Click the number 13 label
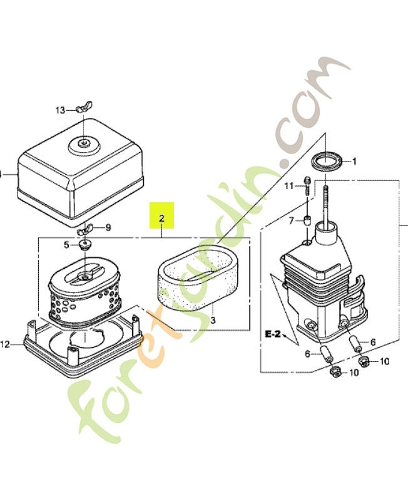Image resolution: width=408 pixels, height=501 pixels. point(59,110)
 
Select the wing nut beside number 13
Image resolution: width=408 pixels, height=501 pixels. point(81,110)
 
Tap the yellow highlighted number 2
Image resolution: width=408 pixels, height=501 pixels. point(161,219)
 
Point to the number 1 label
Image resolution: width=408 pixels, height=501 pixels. point(354,162)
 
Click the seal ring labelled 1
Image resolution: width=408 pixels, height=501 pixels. point(327,160)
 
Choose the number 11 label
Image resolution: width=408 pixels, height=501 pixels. point(288,186)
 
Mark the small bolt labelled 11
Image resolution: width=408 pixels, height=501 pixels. point(307,186)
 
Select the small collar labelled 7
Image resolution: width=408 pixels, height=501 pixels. point(307,221)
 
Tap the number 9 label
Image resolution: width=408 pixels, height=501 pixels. point(108,228)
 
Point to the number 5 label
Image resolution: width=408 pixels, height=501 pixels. point(66,244)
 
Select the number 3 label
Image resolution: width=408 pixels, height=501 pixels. point(213,320)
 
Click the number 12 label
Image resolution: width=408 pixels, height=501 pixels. point(6,344)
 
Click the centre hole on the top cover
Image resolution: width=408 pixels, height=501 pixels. point(83,143)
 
